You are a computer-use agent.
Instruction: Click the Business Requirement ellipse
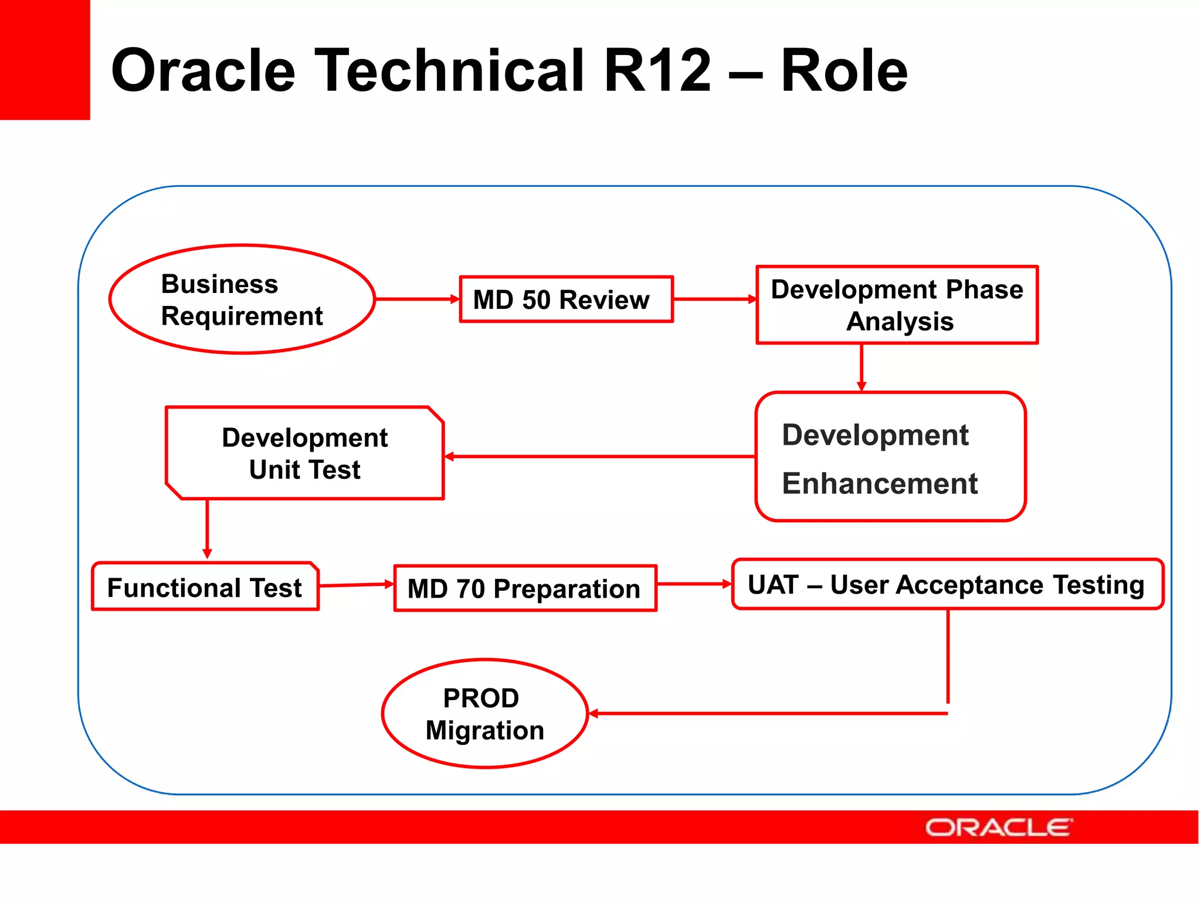click(x=242, y=299)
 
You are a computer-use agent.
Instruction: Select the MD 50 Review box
click(x=566, y=299)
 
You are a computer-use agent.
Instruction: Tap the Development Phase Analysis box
click(x=897, y=305)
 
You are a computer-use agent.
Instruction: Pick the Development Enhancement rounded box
click(x=890, y=456)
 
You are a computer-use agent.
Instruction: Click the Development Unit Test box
click(x=304, y=454)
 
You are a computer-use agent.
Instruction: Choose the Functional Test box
click(x=205, y=587)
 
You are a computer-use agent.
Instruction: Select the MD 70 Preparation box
click(x=525, y=588)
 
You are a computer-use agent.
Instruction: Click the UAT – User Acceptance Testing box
click(x=947, y=584)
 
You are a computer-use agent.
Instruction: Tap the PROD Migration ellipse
click(x=484, y=713)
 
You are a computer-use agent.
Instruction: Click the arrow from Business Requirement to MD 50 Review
click(x=417, y=299)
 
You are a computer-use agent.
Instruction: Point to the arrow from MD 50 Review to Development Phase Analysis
click(x=714, y=299)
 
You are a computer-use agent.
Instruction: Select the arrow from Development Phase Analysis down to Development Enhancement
click(x=861, y=367)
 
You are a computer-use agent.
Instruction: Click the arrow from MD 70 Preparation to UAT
click(x=694, y=584)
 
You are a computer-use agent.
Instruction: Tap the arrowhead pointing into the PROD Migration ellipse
click(x=593, y=713)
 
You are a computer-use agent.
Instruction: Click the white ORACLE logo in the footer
click(x=999, y=827)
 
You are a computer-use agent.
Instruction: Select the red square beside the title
click(x=45, y=59)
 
